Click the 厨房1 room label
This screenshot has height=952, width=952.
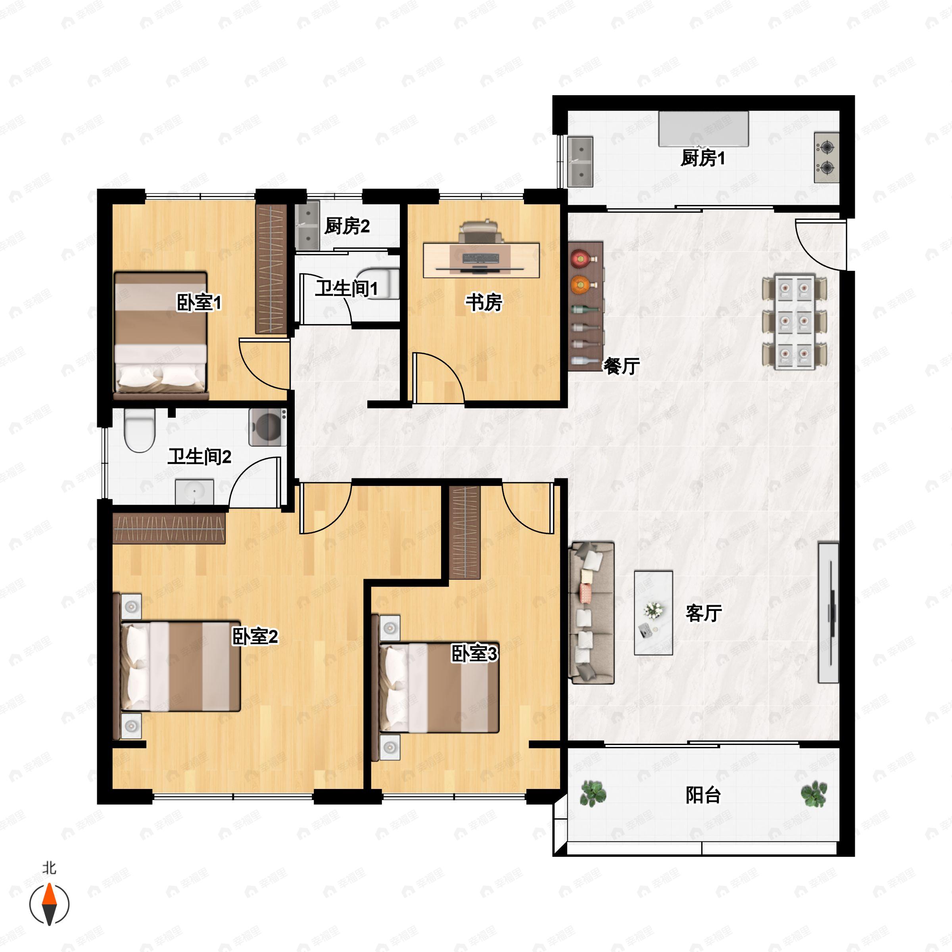click(x=702, y=158)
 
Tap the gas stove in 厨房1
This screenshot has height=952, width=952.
click(x=826, y=157)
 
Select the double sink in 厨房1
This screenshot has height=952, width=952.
click(x=580, y=161)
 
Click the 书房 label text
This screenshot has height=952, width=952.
click(x=484, y=302)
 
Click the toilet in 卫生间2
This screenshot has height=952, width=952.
click(x=140, y=430)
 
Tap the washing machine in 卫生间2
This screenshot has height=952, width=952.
click(x=268, y=427)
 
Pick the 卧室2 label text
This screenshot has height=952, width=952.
click(x=255, y=636)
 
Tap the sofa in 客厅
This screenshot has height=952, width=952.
click(x=591, y=612)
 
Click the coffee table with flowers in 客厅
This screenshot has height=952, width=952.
click(x=653, y=612)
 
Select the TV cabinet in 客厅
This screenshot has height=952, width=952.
click(x=828, y=612)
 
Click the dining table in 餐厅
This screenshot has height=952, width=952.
click(x=794, y=322)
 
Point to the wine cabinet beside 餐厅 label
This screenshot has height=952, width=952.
click(x=585, y=306)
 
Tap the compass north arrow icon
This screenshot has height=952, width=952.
click(x=49, y=904)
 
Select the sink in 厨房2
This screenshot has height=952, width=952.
click(x=307, y=226)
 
